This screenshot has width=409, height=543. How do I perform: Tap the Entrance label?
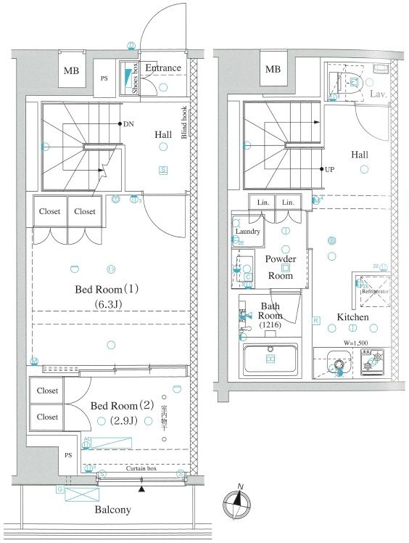162,68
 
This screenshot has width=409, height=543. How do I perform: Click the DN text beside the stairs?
128,124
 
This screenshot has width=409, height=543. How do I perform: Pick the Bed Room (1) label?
107,289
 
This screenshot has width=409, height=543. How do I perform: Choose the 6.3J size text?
107,305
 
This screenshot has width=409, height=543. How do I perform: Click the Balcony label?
112,510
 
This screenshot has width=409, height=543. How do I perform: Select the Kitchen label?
352,317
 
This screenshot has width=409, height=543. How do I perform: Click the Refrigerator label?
371,292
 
